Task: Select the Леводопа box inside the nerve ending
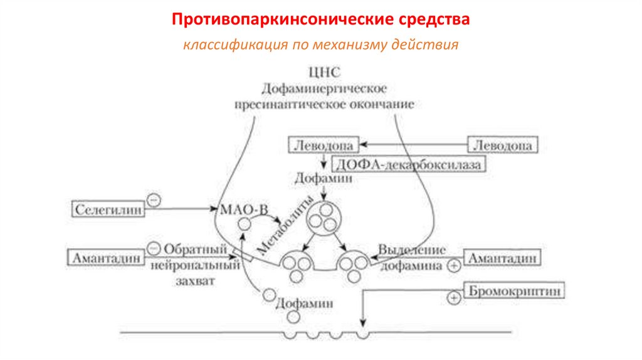pos(324,146)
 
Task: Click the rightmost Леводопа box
pos(503,146)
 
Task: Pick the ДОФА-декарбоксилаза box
pos(410,164)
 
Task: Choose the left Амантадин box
pos(105,257)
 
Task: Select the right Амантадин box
pos(502,257)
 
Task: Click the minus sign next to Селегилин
pos(154,199)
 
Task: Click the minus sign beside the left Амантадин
pos(153,248)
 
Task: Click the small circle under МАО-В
pos(245,223)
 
